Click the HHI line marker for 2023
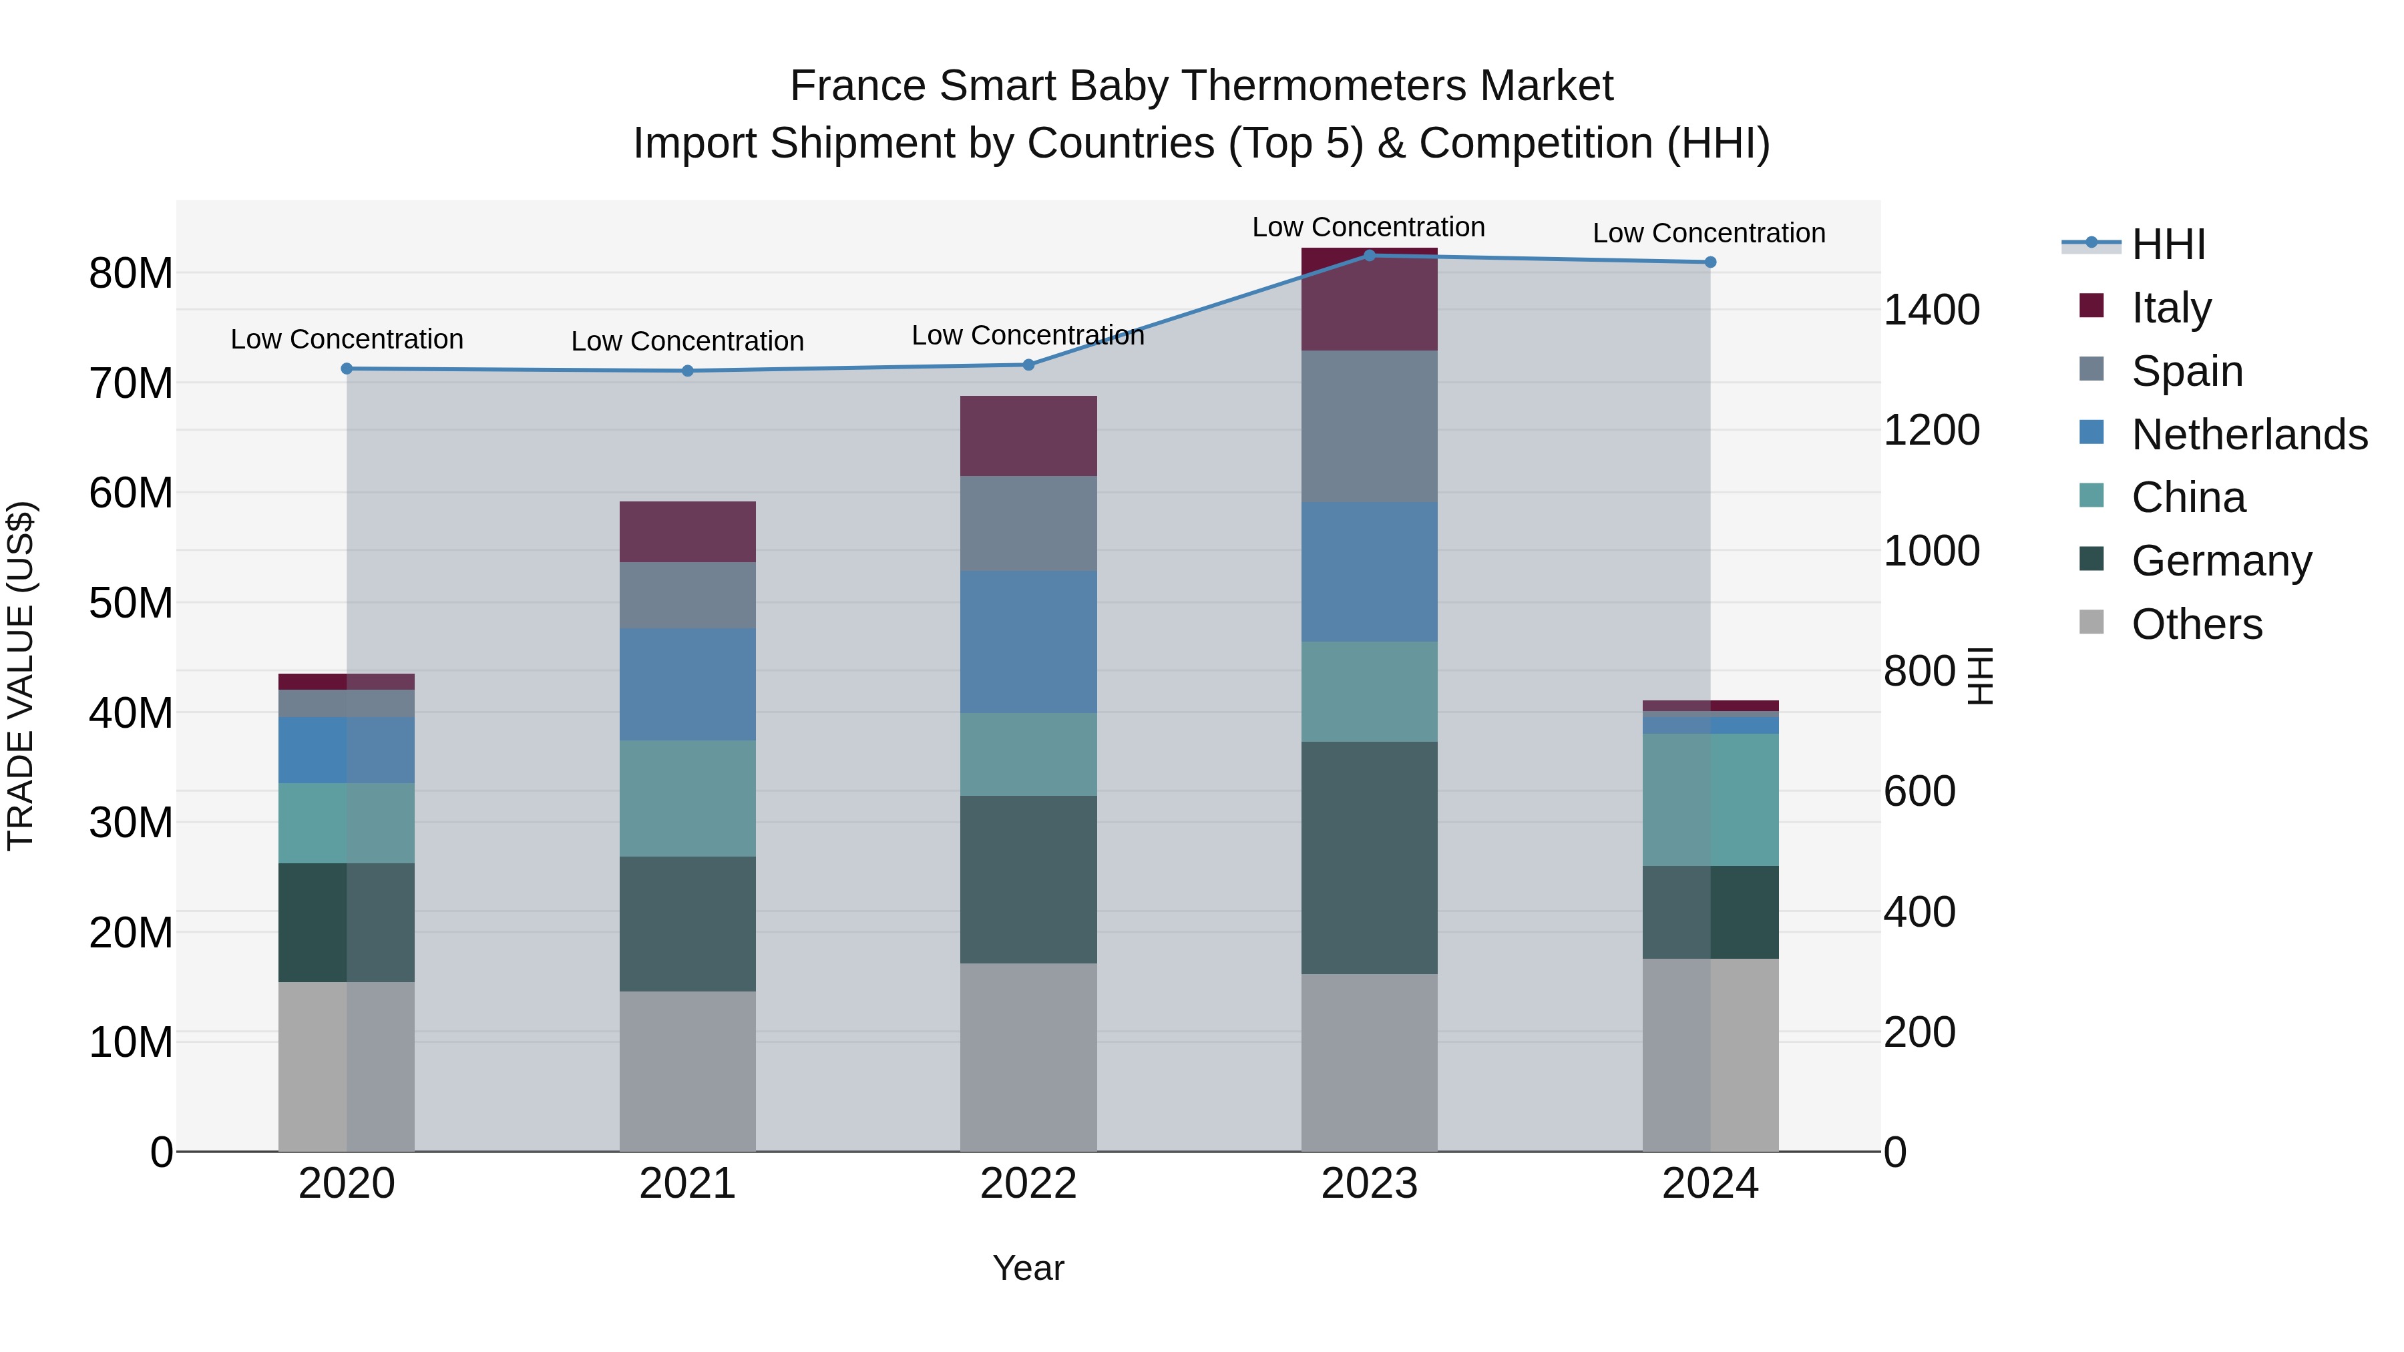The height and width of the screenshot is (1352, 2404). (x=1369, y=255)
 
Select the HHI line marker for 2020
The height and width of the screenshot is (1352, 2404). (x=346, y=369)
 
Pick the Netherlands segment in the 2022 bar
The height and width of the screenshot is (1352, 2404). (x=1028, y=642)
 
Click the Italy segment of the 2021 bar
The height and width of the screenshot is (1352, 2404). (x=688, y=532)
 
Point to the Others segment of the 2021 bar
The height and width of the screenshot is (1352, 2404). (x=688, y=1071)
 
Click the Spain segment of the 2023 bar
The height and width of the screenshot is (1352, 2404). (x=1369, y=427)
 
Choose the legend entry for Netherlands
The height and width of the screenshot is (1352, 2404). (x=2249, y=435)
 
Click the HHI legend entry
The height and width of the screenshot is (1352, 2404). (x=2168, y=244)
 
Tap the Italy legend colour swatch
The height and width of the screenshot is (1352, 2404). (x=2091, y=306)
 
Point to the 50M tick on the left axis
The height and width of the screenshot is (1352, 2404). (x=131, y=604)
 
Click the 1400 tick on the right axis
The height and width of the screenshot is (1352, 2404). (x=1931, y=310)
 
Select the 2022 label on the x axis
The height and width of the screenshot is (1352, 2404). (x=1028, y=1184)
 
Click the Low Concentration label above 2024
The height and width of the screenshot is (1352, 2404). (x=1709, y=233)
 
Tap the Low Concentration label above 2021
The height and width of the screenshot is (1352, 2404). (x=687, y=341)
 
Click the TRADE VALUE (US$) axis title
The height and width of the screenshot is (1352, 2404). (x=21, y=676)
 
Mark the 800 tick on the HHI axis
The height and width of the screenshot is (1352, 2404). (x=1919, y=671)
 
